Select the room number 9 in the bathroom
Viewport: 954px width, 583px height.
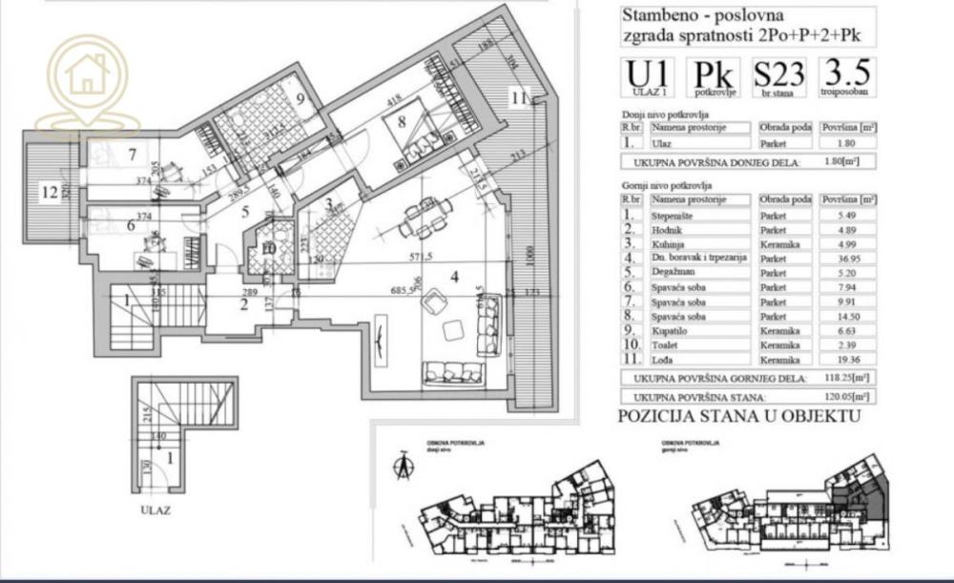coord(299,99)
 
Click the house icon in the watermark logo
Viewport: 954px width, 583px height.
coord(88,73)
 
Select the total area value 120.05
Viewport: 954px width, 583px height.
coord(841,395)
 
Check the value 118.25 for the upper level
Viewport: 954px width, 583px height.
coord(841,379)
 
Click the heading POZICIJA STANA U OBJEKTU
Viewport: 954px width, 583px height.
coord(739,416)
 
